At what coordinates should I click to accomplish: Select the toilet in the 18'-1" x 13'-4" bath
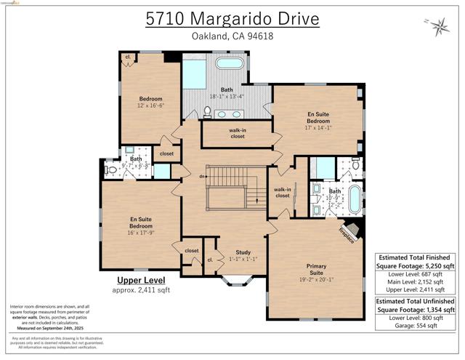(x=207, y=112)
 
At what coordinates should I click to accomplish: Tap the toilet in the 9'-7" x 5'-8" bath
(x=111, y=170)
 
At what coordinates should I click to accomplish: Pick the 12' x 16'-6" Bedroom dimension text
(x=151, y=105)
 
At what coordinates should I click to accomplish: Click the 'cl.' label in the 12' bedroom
(x=128, y=57)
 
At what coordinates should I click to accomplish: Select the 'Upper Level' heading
(x=141, y=280)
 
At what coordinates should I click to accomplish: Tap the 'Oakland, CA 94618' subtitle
(x=232, y=36)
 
